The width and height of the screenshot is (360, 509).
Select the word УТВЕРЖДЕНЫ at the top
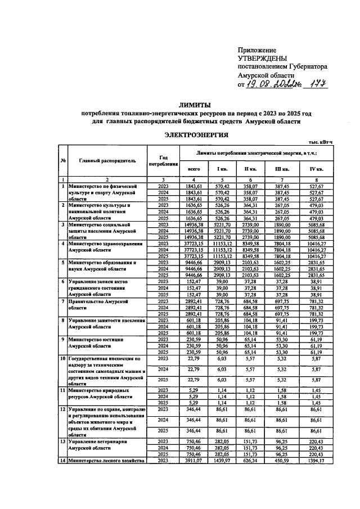pos(263,58)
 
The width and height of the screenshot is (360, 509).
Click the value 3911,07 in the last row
pos(193,461)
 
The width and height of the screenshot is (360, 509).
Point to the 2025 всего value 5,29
pos(193,403)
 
